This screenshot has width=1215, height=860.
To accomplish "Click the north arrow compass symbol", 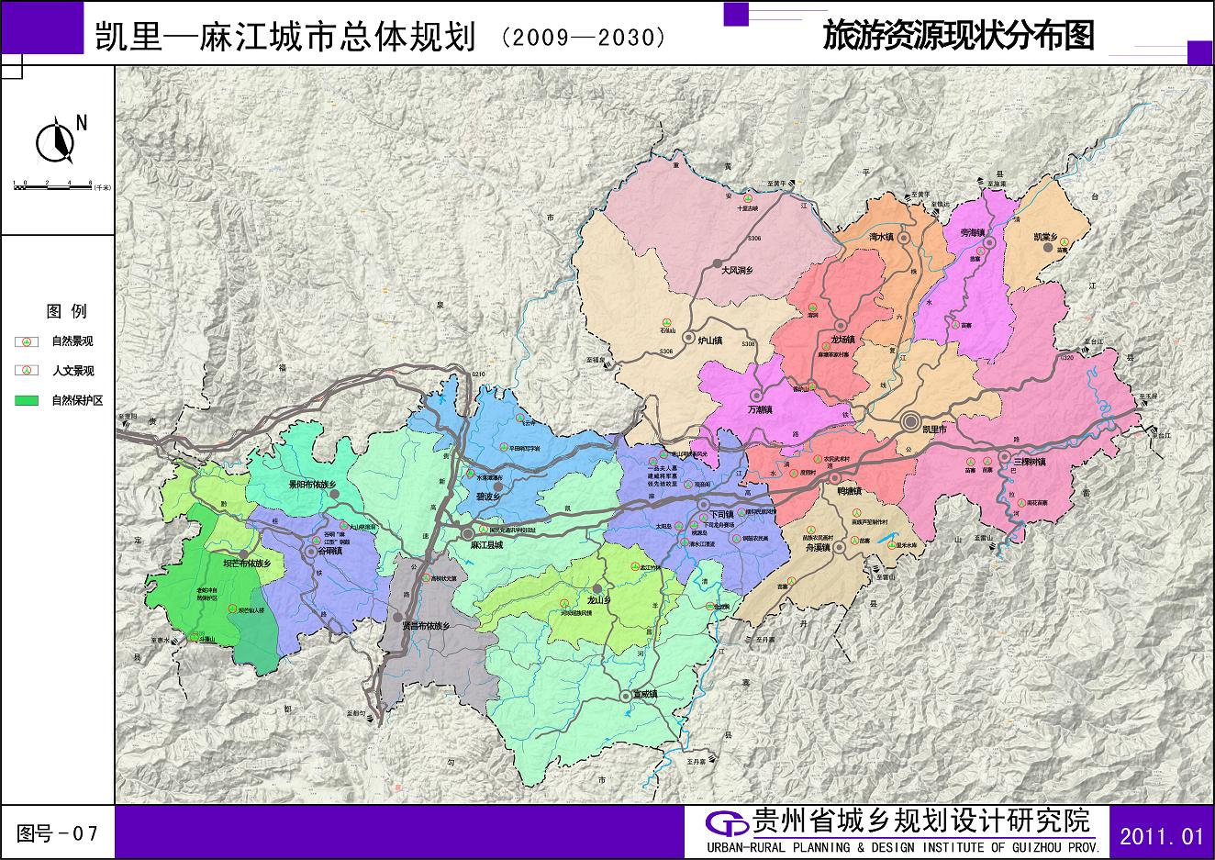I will click(x=56, y=140).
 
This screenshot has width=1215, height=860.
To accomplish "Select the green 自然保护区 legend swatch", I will click(x=27, y=401).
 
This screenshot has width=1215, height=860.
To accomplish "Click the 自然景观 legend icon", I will click(x=27, y=341).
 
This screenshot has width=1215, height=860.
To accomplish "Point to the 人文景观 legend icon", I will click(x=27, y=371).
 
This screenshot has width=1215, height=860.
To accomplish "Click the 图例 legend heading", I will click(x=66, y=311).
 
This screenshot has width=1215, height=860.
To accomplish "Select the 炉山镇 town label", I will click(x=711, y=341).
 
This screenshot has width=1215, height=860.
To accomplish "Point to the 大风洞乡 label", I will click(x=736, y=271).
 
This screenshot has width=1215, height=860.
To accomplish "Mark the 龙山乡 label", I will click(x=599, y=600).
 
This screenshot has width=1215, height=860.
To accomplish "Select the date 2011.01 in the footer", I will click(x=1161, y=834).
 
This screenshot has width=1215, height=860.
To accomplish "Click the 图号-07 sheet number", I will click(x=57, y=833).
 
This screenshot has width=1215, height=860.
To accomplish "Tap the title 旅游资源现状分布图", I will click(x=959, y=36).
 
